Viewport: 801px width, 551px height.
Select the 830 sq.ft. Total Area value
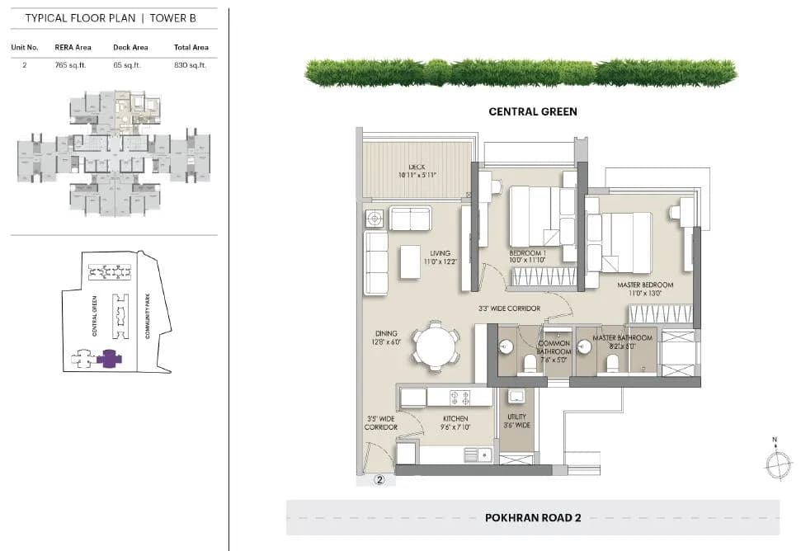191,64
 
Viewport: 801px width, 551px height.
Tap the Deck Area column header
130,47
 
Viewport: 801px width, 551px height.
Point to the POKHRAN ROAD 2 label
533,518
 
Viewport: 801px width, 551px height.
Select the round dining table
436,346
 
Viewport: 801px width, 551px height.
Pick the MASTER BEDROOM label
645,285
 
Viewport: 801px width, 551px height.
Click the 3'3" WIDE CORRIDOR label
509,308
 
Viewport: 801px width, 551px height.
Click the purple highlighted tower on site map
108,358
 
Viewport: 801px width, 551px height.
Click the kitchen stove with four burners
459,398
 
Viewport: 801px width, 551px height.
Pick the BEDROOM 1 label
527,253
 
